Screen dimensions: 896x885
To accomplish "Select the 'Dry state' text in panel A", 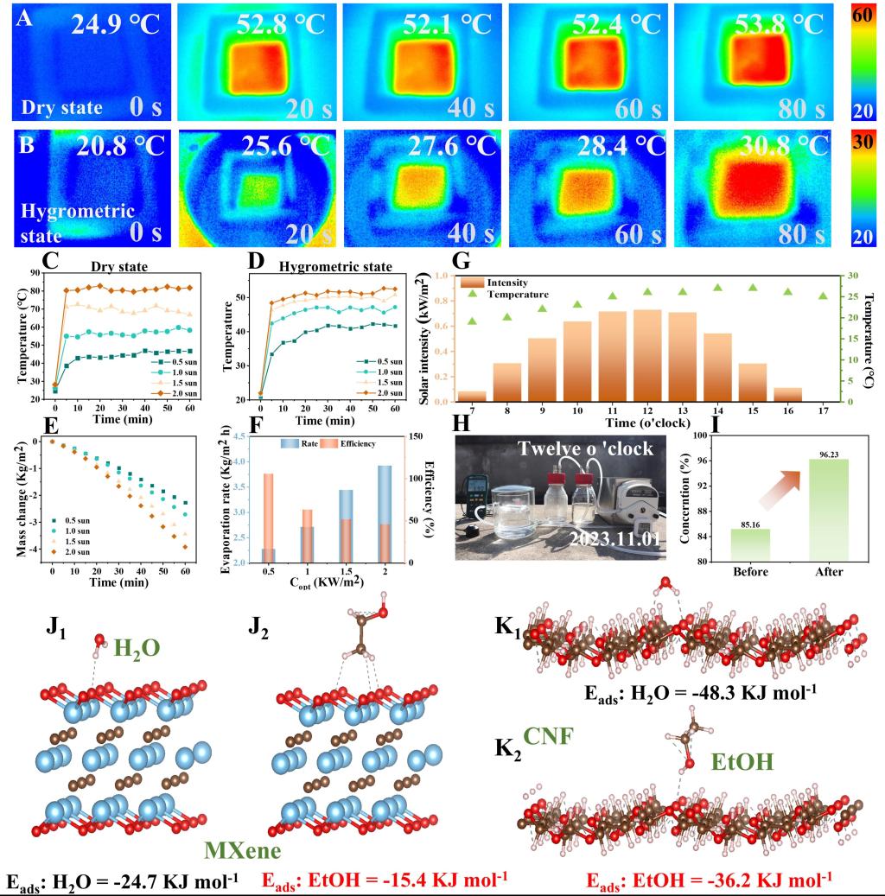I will tap(62, 107).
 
